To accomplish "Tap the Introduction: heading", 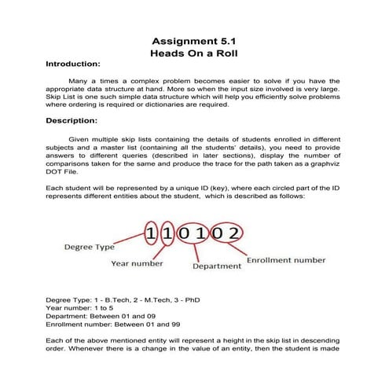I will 72,63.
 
